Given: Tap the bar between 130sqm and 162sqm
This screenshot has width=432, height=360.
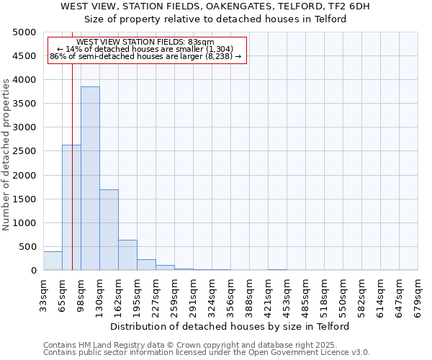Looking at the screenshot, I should coord(109,230).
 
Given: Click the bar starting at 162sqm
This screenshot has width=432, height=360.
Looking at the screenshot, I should coord(127,256).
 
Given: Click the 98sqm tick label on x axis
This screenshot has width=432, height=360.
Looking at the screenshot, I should coord(81,292).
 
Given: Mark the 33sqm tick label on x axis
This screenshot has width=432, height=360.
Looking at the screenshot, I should coord(44,292).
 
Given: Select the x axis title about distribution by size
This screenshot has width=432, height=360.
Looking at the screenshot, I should coord(230,326).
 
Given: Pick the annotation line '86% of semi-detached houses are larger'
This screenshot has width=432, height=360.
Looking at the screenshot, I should coord(145,56).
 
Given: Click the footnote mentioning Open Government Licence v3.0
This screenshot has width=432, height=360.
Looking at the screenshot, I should coord(207,353).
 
